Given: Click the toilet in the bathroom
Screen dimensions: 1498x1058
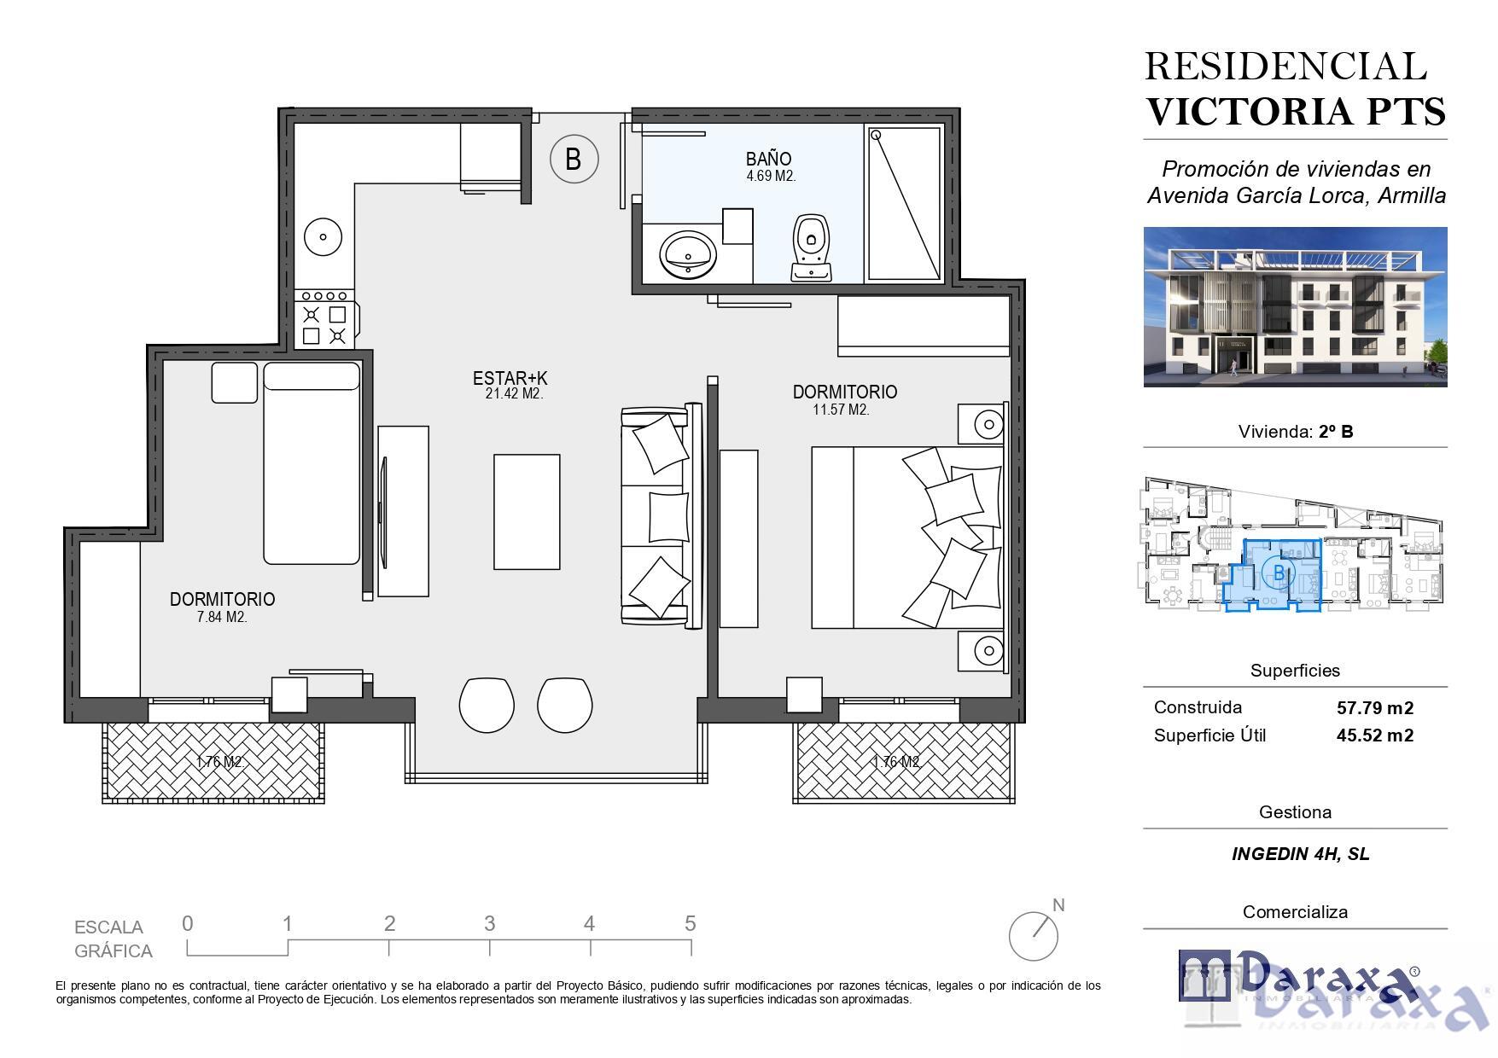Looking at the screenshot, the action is click(812, 247).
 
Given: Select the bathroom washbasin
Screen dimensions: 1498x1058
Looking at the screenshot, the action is click(688, 253).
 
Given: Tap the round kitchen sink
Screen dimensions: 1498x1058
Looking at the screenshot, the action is click(323, 236).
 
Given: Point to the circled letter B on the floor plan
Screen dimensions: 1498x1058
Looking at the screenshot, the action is click(574, 159).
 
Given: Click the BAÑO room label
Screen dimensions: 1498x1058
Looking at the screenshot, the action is click(768, 159).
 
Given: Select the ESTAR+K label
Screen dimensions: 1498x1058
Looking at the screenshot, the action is click(510, 378).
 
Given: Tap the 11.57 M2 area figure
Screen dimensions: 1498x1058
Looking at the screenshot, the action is click(841, 410).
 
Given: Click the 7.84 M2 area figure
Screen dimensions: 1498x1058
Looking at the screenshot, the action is click(222, 617).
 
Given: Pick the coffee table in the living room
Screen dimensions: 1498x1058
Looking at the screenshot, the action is click(527, 512).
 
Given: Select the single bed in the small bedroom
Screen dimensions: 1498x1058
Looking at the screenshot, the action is click(312, 463).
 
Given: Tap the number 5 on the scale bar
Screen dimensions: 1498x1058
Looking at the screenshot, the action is click(690, 923).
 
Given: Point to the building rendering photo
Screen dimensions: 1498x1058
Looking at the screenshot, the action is click(1295, 307).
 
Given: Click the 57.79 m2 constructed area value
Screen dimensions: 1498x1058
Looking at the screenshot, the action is click(1374, 707).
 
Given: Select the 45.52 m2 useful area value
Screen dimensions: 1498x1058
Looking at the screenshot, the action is click(1374, 735).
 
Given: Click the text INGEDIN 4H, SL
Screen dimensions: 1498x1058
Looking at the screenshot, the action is click(1300, 854).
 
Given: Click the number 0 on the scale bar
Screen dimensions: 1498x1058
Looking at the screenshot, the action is click(188, 923).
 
